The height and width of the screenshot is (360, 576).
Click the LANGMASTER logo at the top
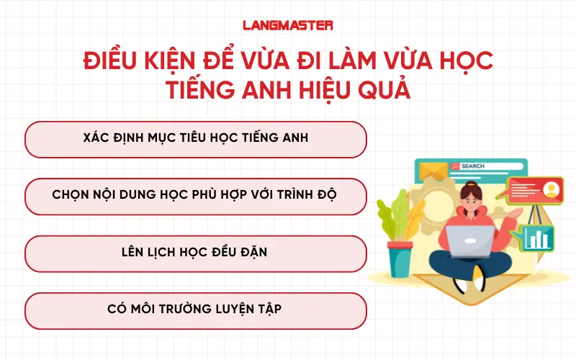[287, 25]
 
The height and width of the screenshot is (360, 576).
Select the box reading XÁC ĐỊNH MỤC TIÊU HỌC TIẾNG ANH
[196, 139]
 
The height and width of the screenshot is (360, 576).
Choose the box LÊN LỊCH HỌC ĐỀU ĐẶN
[196, 253]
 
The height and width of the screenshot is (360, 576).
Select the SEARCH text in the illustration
[473, 166]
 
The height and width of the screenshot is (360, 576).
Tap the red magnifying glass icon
[454, 166]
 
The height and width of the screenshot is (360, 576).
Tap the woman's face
[472, 199]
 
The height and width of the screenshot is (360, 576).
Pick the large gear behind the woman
[436, 209]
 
